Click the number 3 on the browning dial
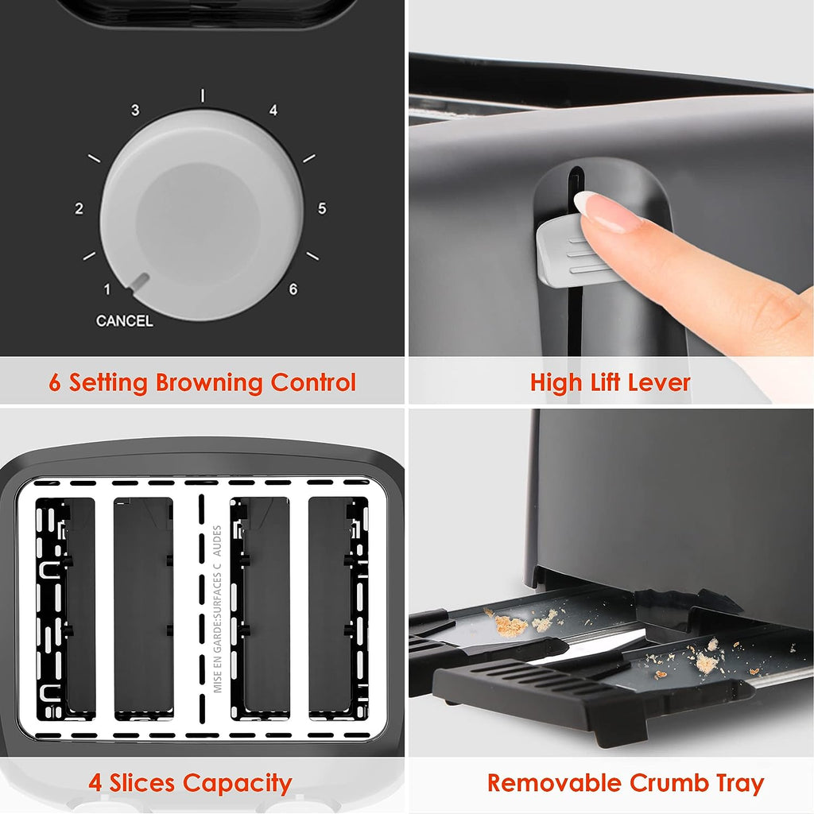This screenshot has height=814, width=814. click(x=135, y=110)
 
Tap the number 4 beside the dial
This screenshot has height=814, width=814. click(x=273, y=110)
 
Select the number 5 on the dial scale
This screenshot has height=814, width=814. click(x=322, y=208)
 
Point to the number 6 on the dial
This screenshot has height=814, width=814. click(x=293, y=289)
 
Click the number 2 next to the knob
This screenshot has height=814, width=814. click(x=79, y=208)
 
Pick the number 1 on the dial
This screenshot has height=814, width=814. click(x=107, y=289)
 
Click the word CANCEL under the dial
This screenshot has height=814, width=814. click(x=125, y=321)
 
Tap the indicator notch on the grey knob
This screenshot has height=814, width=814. click(x=140, y=281)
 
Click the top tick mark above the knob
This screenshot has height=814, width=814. click(x=203, y=95)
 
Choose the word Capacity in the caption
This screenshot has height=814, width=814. click(x=237, y=783)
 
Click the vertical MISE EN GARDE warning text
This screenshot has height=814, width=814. click(x=218, y=609)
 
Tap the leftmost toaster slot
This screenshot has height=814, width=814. click(x=65, y=608)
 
